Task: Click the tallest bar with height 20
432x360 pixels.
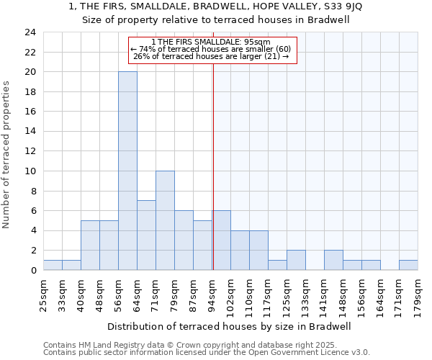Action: coord(127,171)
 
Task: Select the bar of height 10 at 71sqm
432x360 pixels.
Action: coord(165,220)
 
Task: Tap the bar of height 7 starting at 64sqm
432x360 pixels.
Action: coord(146,235)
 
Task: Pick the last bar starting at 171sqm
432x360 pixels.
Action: coord(408,265)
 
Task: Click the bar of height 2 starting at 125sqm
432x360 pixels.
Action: coord(296,260)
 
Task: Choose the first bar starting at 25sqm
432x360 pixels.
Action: coord(53,265)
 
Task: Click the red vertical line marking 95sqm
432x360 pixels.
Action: coord(213,166)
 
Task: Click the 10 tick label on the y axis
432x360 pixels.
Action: coord(30,171)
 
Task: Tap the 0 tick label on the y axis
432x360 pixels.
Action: coord(32,271)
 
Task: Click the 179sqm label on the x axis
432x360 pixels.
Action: coord(418,294)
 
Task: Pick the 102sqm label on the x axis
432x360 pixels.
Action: coord(230,294)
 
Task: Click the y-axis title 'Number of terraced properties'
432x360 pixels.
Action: coord(6,155)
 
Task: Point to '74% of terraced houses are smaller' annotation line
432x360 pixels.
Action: coord(210,49)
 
